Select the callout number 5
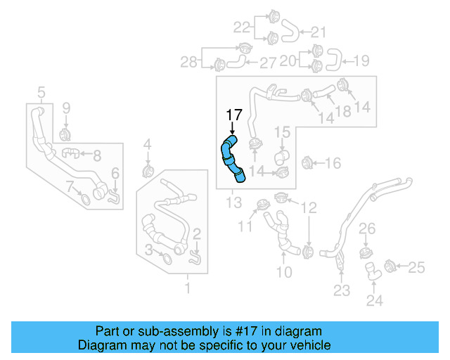pos(41,92)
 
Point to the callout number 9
pos(66,108)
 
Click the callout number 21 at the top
pos(319,32)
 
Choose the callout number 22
pos(242,27)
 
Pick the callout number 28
pos(188,63)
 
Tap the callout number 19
pos(360,61)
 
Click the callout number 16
pos(333,163)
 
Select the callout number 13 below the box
pos(233,204)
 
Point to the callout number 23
pos(341,290)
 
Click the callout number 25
pos(417,266)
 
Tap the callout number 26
pos(368,229)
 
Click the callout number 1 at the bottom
pos(187,288)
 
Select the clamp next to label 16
pos(307,163)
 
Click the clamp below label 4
pos(148,171)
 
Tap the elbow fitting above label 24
pos(373,269)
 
